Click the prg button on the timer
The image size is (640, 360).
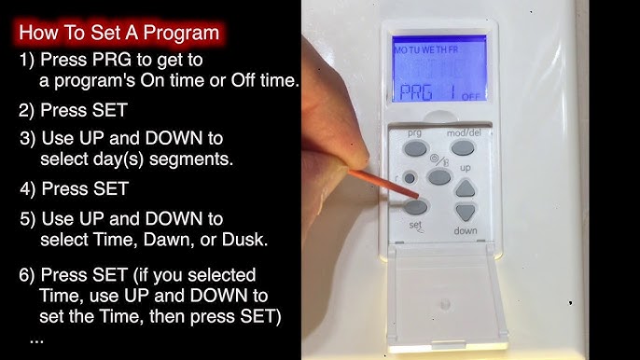tap(415, 146)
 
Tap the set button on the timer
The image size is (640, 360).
tap(418, 206)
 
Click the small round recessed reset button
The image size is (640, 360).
tap(410, 176)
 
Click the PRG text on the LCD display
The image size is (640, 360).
tap(409, 92)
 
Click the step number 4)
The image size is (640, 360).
tap(29, 188)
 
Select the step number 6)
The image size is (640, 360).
tap(29, 276)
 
